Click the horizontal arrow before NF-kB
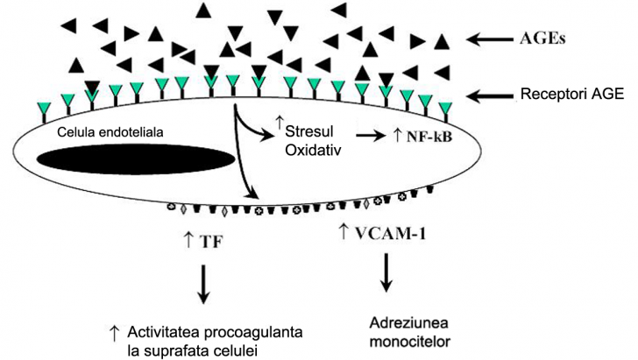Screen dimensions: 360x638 pos(372,137)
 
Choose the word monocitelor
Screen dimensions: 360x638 pos(390,337)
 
